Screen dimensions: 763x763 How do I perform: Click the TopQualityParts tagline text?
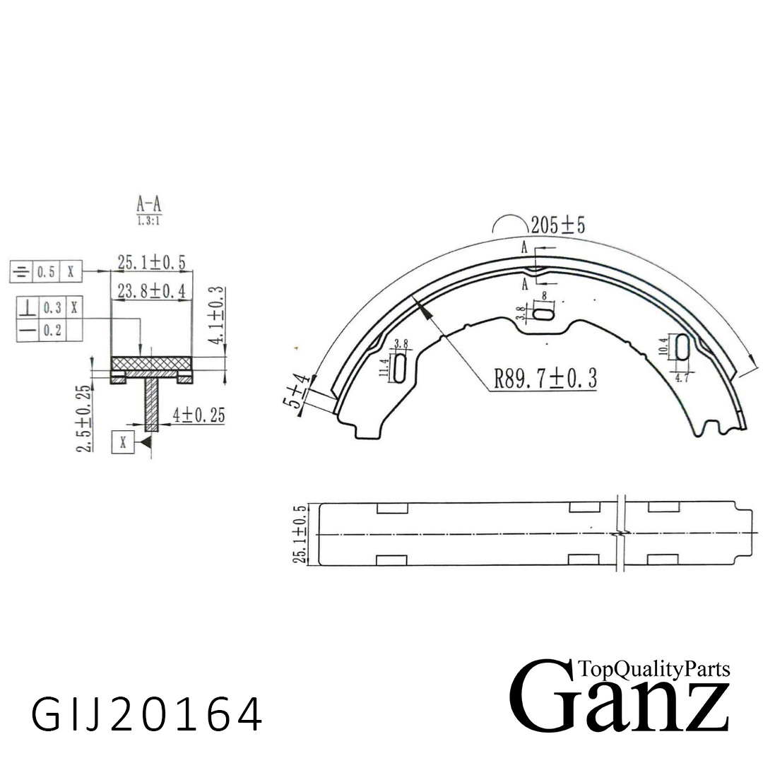tap(653, 668)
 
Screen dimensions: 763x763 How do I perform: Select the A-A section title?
tap(149, 205)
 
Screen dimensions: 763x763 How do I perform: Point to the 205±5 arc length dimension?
tap(557, 225)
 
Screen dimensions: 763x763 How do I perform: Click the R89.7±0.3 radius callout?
tap(545, 379)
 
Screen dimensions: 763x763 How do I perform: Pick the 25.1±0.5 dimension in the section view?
tap(151, 263)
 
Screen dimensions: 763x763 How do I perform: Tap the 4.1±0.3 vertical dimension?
tap(217, 315)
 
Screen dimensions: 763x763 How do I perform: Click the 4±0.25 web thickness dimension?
tap(199, 416)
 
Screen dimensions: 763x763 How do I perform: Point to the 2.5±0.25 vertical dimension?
tap(84, 420)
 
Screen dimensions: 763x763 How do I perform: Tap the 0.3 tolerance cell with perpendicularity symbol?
tap(52, 308)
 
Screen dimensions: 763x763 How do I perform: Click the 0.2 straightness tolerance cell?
tap(52, 331)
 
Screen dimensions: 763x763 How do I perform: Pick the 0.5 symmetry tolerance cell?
tap(46, 271)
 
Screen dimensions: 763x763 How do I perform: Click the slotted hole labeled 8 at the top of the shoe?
tap(545, 313)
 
